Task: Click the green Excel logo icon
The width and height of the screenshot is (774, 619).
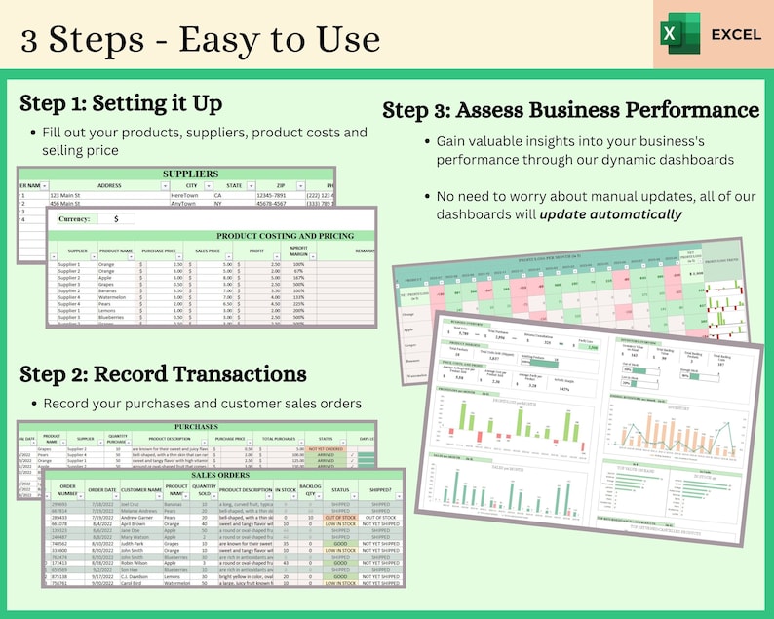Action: (681, 34)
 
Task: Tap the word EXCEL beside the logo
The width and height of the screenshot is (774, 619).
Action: (736, 34)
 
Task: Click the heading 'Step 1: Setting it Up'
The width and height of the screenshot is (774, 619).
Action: (121, 102)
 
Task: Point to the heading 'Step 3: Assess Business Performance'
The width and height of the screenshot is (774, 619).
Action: (570, 109)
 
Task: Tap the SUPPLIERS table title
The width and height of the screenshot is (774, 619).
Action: (189, 174)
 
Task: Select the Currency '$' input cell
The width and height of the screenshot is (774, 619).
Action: (123, 219)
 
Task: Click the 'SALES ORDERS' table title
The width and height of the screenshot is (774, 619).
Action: (222, 474)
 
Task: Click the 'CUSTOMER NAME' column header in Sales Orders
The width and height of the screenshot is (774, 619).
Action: (140, 489)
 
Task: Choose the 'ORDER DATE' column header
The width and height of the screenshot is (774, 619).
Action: (102, 489)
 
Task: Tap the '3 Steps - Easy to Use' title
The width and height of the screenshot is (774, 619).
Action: (199, 38)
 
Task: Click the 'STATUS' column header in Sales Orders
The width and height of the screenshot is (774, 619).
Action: (341, 489)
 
